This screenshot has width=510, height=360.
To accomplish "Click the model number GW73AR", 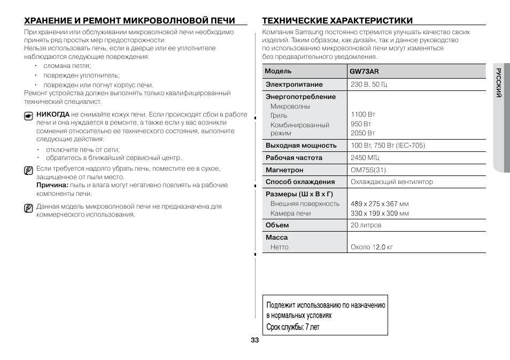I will click(364, 71).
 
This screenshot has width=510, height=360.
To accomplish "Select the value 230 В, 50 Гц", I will click(368, 85).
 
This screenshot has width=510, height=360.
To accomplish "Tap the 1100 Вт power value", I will click(363, 114).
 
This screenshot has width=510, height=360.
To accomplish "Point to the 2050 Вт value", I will click(363, 133).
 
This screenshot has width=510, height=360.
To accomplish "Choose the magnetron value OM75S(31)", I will click(368, 170).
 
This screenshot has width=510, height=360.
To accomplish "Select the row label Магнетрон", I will click(284, 170).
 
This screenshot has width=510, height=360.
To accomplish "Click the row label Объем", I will click(277, 225).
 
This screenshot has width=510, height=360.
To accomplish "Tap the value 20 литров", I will click(366, 225).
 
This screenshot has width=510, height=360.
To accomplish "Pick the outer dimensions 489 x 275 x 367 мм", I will click(380, 204).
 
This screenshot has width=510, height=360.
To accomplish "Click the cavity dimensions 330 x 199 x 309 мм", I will click(380, 213).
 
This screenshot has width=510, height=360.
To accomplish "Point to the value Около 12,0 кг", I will click(372, 247).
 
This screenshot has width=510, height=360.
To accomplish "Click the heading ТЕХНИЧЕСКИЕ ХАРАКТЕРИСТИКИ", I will click(337, 21).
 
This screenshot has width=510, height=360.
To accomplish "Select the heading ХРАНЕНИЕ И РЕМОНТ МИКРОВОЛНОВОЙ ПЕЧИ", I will click(129, 21).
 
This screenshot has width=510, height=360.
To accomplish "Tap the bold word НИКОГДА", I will click(52, 114).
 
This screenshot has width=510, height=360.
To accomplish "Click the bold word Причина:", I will click(52, 185).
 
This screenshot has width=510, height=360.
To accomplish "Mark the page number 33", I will click(254, 341).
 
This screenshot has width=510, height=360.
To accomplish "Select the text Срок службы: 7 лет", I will click(293, 327).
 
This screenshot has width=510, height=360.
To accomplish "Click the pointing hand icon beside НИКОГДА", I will click(28, 116).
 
